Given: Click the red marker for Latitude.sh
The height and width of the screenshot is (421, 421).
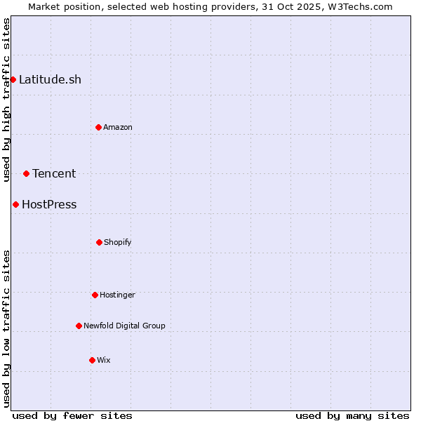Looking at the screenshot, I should point(13,79).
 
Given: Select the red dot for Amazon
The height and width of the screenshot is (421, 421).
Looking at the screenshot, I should point(98,127).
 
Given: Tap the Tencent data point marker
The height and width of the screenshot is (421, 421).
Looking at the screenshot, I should point(26,173).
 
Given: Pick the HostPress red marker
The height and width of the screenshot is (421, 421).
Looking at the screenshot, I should point(15,204).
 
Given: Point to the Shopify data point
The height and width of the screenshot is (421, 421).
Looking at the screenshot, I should point(99,242).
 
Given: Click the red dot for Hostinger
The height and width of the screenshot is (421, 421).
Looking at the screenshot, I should point(95,295).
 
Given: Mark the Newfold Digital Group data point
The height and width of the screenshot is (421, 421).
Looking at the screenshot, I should point(79,326).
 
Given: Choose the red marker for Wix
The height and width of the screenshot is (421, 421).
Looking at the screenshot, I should point(92,360).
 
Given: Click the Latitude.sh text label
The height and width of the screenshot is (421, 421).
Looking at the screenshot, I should point(50,79).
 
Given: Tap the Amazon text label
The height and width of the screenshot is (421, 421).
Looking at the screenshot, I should point(118,127).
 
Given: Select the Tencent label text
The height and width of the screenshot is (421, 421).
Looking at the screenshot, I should point(54,173).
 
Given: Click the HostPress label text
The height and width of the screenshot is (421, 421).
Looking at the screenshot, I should point(49,205).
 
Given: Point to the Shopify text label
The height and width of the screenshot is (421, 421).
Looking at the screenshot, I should point(118,242).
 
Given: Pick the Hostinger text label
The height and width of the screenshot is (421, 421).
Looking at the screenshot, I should point(117,295).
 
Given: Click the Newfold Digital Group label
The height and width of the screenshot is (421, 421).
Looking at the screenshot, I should point(124,326).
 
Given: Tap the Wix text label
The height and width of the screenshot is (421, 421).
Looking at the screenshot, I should point(104,360).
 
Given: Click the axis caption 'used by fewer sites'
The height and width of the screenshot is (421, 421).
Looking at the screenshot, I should point(72,415).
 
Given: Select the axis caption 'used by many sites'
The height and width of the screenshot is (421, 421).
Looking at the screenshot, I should point(352,415).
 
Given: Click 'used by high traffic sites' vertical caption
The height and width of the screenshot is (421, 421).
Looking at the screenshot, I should point(6,100).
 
